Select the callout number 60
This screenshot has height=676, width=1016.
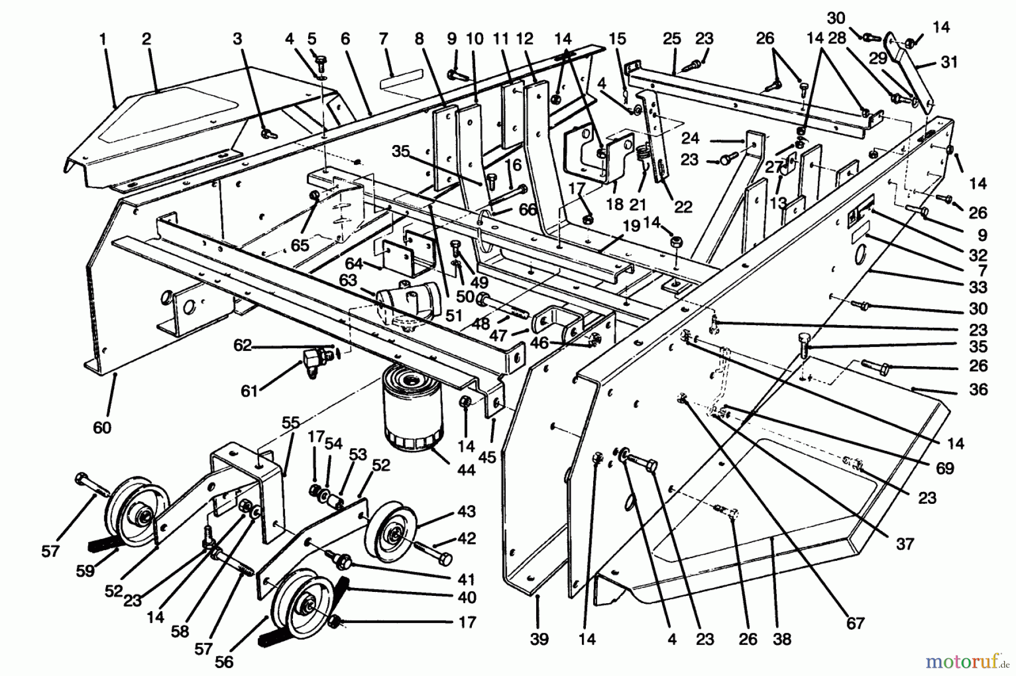click(102, 428)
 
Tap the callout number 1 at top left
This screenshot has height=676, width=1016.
click(103, 39)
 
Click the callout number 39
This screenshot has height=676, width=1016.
click(539, 639)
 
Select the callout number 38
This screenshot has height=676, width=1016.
click(782, 639)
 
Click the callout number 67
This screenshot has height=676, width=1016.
click(856, 623)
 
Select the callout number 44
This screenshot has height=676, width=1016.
click(466, 469)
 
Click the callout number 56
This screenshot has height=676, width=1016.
click(224, 661)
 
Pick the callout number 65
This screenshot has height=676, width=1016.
click(300, 245)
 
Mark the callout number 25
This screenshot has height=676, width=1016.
click(672, 39)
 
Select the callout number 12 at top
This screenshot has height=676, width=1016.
click(524, 39)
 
